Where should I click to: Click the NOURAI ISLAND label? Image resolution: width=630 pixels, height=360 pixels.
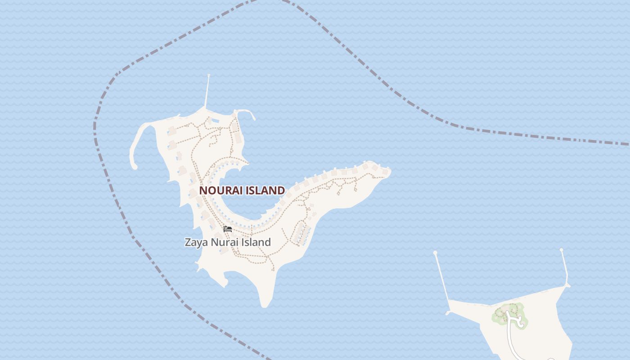point(242,190)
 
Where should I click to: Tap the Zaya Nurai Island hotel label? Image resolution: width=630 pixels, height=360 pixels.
point(228,242)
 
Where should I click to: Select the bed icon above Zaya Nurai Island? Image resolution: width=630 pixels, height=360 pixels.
point(228,229)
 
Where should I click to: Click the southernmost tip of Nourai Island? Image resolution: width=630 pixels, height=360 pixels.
point(265,306)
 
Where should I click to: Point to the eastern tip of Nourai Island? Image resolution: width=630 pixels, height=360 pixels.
point(389,171)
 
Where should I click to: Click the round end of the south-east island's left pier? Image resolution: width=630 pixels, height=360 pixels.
point(435,253)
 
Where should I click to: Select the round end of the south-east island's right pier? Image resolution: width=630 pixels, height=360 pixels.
point(562,250)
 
